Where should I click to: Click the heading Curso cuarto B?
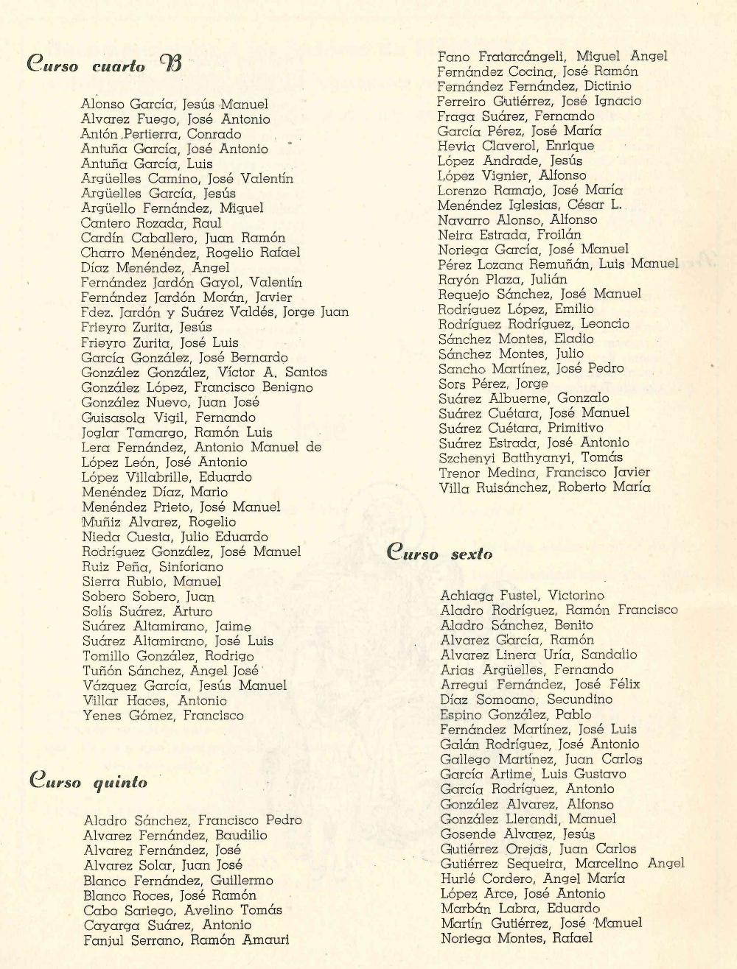point(104,65)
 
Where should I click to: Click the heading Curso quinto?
point(88,781)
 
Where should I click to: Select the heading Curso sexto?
point(440,553)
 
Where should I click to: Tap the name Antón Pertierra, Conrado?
point(161,134)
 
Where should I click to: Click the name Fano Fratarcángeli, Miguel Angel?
point(552,56)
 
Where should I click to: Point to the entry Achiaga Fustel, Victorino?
point(522,595)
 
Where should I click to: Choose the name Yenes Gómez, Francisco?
point(163,716)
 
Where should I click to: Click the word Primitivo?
point(575,428)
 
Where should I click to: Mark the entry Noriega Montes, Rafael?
point(516,938)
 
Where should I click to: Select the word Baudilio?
point(241,836)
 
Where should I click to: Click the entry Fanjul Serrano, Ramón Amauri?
point(186,940)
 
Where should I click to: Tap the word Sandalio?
point(609,655)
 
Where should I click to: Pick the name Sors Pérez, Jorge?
point(493,384)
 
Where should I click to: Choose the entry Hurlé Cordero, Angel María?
point(532,878)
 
